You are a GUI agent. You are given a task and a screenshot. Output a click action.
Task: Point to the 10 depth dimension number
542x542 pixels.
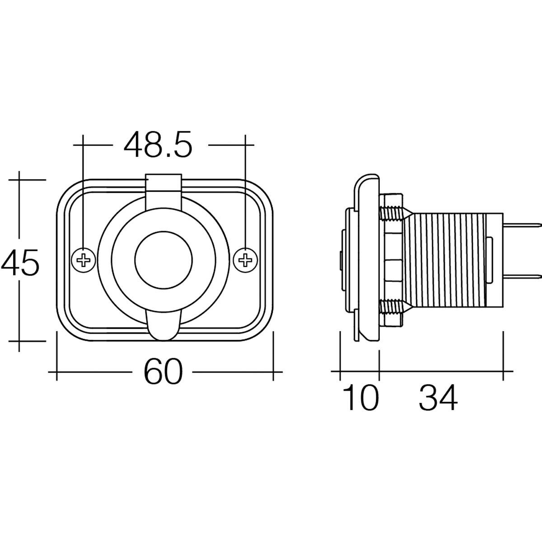[x=360, y=398]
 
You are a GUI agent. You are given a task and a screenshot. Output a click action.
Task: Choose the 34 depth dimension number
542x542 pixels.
[x=438, y=398]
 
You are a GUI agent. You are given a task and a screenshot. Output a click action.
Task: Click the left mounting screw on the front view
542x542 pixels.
[x=84, y=260]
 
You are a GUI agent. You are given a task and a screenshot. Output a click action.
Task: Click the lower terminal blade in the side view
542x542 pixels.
[x=522, y=276]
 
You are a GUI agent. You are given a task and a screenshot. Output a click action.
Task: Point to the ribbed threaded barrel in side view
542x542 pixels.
[x=447, y=259]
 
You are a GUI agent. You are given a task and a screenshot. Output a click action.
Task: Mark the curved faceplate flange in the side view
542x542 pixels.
[x=368, y=257]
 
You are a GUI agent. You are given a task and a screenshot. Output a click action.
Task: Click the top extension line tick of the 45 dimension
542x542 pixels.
[x=19, y=179]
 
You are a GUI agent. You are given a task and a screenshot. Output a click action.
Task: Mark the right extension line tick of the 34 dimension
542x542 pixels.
[x=503, y=372]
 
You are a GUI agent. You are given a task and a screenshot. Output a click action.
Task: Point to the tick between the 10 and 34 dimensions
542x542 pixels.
[x=378, y=372]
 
